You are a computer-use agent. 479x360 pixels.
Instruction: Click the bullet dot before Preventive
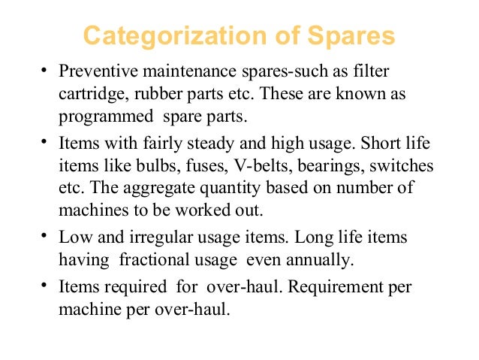45,72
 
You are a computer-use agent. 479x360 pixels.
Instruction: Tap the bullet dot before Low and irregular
45,235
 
